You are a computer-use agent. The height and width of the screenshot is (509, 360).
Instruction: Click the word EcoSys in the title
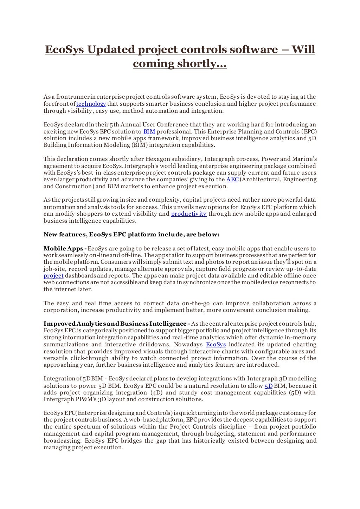(x=65, y=50)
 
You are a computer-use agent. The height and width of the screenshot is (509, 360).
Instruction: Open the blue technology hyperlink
(x=91, y=104)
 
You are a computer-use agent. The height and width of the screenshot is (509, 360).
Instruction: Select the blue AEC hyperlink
(x=232, y=180)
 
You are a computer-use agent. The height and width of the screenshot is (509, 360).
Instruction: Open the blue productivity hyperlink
(x=189, y=214)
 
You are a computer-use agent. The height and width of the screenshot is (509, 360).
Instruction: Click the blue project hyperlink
(x=53, y=276)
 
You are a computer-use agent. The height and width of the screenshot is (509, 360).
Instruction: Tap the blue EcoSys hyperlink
(x=216, y=345)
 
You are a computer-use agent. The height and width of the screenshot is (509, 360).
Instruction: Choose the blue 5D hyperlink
(x=268, y=386)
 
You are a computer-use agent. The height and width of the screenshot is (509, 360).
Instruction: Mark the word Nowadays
(x=188, y=345)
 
